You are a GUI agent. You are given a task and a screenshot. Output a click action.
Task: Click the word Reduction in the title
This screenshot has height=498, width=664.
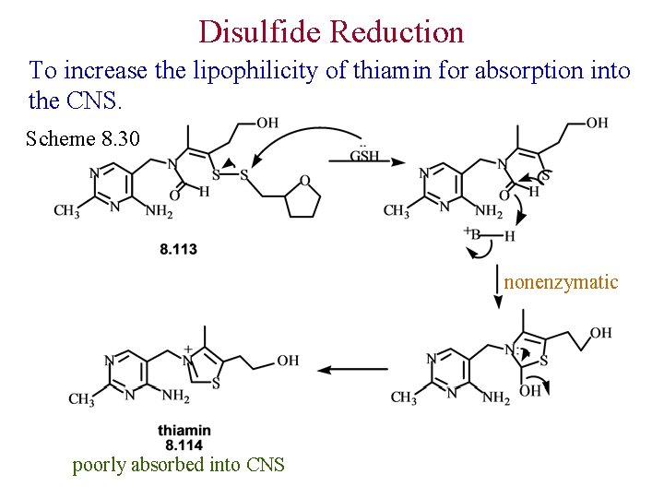[397, 32]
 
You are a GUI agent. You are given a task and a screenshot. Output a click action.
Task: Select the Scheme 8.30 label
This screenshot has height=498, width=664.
[83, 139]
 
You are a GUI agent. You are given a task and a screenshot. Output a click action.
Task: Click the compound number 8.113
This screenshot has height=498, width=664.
[178, 249]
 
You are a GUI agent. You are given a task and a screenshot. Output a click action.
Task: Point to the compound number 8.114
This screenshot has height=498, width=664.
[184, 445]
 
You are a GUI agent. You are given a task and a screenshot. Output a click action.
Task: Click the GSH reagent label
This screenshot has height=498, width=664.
[365, 158]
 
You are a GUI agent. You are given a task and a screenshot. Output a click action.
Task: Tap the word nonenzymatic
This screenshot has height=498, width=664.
[561, 282]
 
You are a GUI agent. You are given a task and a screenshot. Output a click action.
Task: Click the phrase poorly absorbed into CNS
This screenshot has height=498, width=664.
[179, 465]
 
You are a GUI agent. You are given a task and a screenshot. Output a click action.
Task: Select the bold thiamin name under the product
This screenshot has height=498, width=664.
[184, 431]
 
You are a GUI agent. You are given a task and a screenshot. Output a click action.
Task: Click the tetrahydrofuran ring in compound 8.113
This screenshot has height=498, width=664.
[303, 199]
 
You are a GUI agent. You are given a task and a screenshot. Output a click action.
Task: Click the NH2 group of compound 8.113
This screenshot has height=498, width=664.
[158, 211]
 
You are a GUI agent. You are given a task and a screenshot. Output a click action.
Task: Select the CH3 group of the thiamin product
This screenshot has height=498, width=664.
[82, 398]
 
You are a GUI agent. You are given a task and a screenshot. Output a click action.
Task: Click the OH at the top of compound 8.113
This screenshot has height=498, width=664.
[267, 123]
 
